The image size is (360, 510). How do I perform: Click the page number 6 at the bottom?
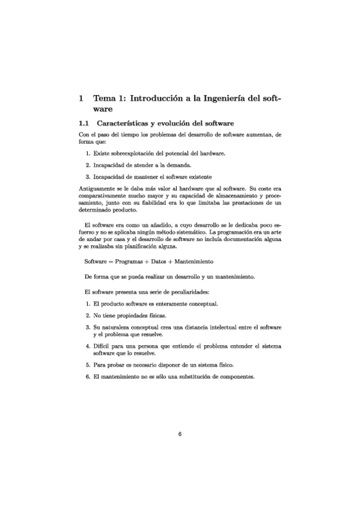click(x=180, y=436)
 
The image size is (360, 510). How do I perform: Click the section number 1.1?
click(x=84, y=123)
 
